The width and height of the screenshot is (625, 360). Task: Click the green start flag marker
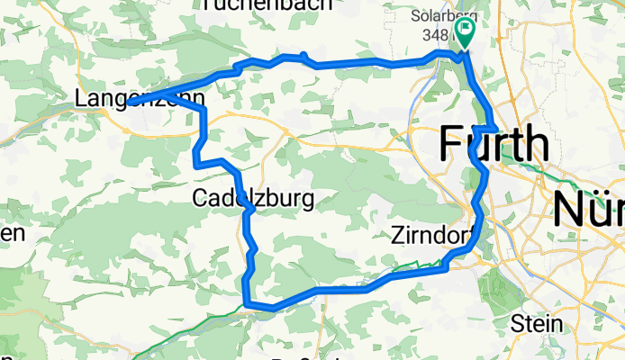[x=466, y=34]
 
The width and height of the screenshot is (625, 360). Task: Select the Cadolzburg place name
[x=253, y=198]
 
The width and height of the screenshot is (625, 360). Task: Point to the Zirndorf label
[x=432, y=236]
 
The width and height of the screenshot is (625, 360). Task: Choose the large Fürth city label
[x=494, y=144]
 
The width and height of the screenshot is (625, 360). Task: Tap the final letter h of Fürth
[x=535, y=144]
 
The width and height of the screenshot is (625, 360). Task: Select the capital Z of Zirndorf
[x=399, y=236]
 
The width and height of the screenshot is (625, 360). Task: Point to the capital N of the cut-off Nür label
[x=566, y=209]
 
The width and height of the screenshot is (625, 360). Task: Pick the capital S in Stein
[x=515, y=323]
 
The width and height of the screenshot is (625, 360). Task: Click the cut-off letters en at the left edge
[x=11, y=232]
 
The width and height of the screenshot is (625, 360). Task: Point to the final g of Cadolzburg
[x=307, y=201]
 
